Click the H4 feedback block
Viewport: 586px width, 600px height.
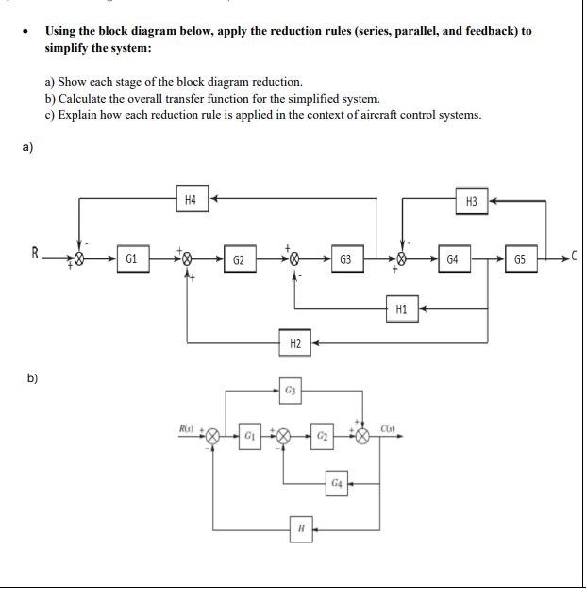coord(192,199)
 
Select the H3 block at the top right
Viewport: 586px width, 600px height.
coord(472,201)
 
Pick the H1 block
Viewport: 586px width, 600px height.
coord(401,308)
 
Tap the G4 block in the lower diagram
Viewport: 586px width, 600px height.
coord(337,483)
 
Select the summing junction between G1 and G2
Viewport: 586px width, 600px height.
coord(187,258)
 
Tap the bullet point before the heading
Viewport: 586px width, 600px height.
coord(22,32)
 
